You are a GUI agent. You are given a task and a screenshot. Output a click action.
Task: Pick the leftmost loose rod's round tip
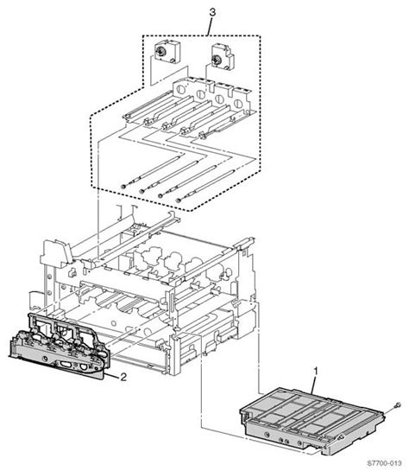pos(126,187)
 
